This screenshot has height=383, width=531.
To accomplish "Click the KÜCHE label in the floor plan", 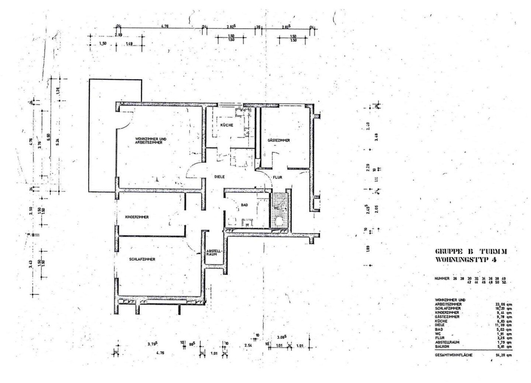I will [x=227, y=125].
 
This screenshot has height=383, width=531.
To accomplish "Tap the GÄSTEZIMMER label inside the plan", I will [x=279, y=141].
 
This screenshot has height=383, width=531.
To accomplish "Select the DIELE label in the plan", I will [x=219, y=177].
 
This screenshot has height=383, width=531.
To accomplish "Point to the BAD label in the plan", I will [x=244, y=205].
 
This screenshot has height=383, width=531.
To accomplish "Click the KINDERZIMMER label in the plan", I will [x=137, y=217].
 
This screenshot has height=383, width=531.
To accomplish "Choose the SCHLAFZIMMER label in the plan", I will [x=142, y=259].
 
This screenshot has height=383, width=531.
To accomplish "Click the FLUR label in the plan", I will [x=278, y=178].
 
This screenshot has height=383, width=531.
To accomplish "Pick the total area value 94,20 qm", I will [x=503, y=355].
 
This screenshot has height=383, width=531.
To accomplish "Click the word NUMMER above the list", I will [x=442, y=279].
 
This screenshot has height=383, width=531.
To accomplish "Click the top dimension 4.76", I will [x=165, y=26].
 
